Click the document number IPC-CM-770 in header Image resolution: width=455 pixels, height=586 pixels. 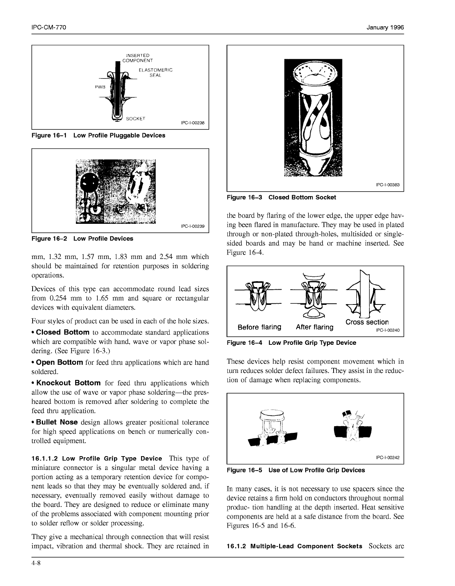[x=49, y=28]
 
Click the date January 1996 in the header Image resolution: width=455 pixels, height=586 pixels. [x=385, y=28]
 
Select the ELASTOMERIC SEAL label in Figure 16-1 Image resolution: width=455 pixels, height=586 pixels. [x=155, y=73]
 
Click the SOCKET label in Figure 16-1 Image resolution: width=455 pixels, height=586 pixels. [x=136, y=119]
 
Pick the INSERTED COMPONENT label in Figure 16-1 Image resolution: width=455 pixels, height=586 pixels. [x=137, y=58]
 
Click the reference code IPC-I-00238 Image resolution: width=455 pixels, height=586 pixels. [x=193, y=123]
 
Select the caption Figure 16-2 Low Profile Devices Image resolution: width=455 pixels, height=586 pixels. [x=82, y=239]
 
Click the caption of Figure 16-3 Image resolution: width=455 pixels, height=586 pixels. [x=281, y=197]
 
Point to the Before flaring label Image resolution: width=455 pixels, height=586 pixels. [x=259, y=327]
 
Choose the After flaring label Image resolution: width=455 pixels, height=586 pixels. [x=314, y=327]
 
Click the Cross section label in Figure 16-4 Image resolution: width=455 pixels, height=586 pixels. [x=367, y=322]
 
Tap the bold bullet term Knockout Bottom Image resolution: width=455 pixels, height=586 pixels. [x=68, y=383]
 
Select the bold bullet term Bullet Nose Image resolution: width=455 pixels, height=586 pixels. [x=57, y=422]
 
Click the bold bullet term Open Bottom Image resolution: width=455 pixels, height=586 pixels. [x=59, y=362]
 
